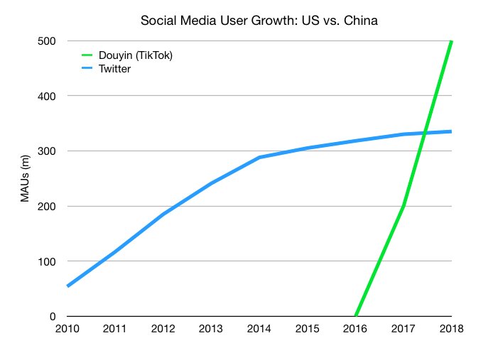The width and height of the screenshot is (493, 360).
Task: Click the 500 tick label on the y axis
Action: pyautogui.click(x=48, y=40)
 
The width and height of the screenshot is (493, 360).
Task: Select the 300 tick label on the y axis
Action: pyautogui.click(x=48, y=151)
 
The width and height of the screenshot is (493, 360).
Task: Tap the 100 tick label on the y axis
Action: pyautogui.click(x=48, y=261)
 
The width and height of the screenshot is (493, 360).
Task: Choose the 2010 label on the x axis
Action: pyautogui.click(x=67, y=328)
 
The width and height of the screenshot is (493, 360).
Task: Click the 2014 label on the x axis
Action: pyautogui.click(x=259, y=328)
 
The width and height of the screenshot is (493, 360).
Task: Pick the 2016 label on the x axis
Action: pyautogui.click(x=355, y=328)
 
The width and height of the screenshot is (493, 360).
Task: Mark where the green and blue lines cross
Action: pyautogui.click(x=425, y=133)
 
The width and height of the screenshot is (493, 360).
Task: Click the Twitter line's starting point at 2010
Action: pyautogui.click(x=68, y=285)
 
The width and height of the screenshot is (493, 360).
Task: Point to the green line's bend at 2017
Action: pyautogui.click(x=403, y=206)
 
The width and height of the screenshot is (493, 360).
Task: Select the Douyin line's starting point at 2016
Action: pyautogui.click(x=356, y=316)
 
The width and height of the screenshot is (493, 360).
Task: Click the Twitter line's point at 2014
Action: pyautogui.click(x=260, y=157)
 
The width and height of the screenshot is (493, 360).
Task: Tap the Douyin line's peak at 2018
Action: pyautogui.click(x=451, y=41)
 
